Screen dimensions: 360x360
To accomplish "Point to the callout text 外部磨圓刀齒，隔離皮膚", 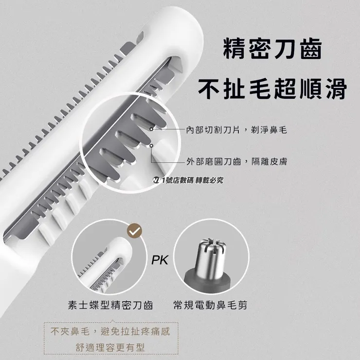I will click(x=236, y=161).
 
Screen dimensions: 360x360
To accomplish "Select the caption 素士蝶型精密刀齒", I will click(x=110, y=306).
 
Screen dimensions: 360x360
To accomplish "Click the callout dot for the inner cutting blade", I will click(x=152, y=129).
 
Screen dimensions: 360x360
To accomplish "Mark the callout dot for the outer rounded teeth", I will click(x=152, y=145).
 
